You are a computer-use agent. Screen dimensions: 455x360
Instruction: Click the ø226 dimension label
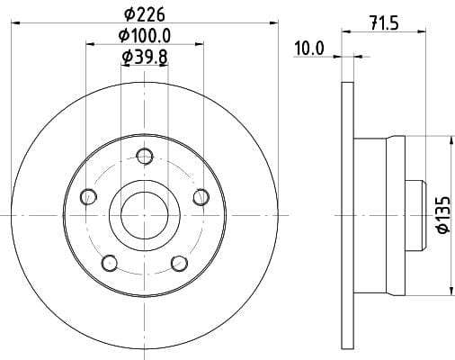pyautogui.click(x=145, y=14)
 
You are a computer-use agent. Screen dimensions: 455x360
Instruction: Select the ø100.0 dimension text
pyautogui.click(x=145, y=36)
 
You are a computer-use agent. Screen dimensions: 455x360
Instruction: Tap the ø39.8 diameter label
pyautogui.click(x=145, y=57)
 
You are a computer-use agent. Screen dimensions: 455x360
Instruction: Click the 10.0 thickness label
pyautogui.click(x=308, y=49)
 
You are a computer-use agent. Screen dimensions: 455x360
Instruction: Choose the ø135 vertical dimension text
pyautogui.click(x=443, y=214)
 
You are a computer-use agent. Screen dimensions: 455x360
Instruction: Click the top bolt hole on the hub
pyautogui.click(x=145, y=156)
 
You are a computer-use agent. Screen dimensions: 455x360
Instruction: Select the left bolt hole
pyautogui.click(x=88, y=197)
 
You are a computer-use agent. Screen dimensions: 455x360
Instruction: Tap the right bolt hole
pyautogui.click(x=201, y=197)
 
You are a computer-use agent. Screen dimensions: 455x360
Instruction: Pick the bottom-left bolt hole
pyautogui.click(x=110, y=263)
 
